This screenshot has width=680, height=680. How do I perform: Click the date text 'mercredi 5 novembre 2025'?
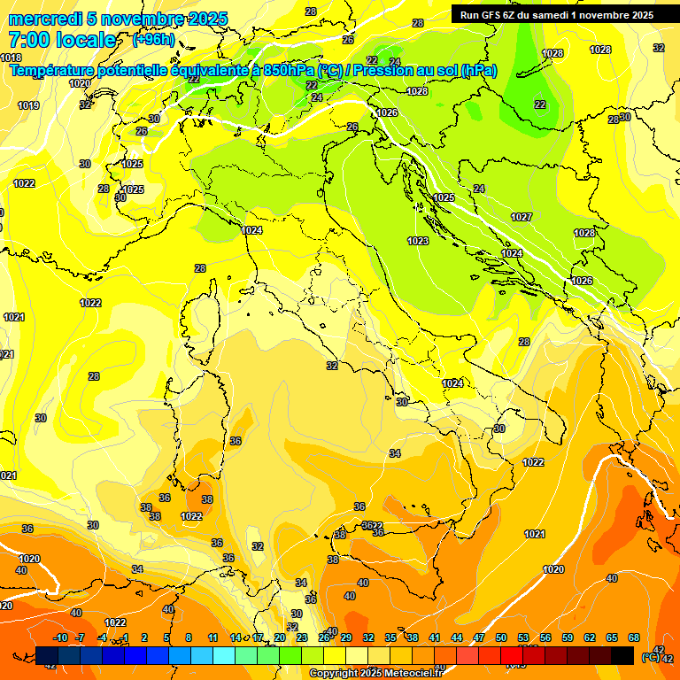click(118, 19)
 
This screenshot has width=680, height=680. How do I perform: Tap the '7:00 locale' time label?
click(62, 40)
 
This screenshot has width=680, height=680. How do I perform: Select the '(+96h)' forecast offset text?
click(153, 40)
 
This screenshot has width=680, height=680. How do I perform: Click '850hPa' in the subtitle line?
click(290, 70)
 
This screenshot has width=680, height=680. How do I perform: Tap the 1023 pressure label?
click(418, 241)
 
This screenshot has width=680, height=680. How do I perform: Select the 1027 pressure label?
click(522, 217)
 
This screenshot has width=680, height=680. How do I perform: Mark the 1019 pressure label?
click(28, 106)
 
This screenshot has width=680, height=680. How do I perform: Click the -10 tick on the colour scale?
click(60, 637)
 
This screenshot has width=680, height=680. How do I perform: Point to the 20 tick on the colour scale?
click(280, 637)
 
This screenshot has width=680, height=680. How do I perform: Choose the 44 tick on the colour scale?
click(457, 637)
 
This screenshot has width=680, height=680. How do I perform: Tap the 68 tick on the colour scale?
click(634, 637)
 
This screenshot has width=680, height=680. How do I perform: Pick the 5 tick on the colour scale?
click(167, 637)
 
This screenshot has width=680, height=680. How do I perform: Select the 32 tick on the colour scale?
click(368, 637)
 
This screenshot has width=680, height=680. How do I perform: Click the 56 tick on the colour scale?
click(545, 637)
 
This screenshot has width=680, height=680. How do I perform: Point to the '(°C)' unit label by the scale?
click(651, 657)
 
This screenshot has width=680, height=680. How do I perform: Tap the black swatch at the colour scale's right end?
click(622, 655)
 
